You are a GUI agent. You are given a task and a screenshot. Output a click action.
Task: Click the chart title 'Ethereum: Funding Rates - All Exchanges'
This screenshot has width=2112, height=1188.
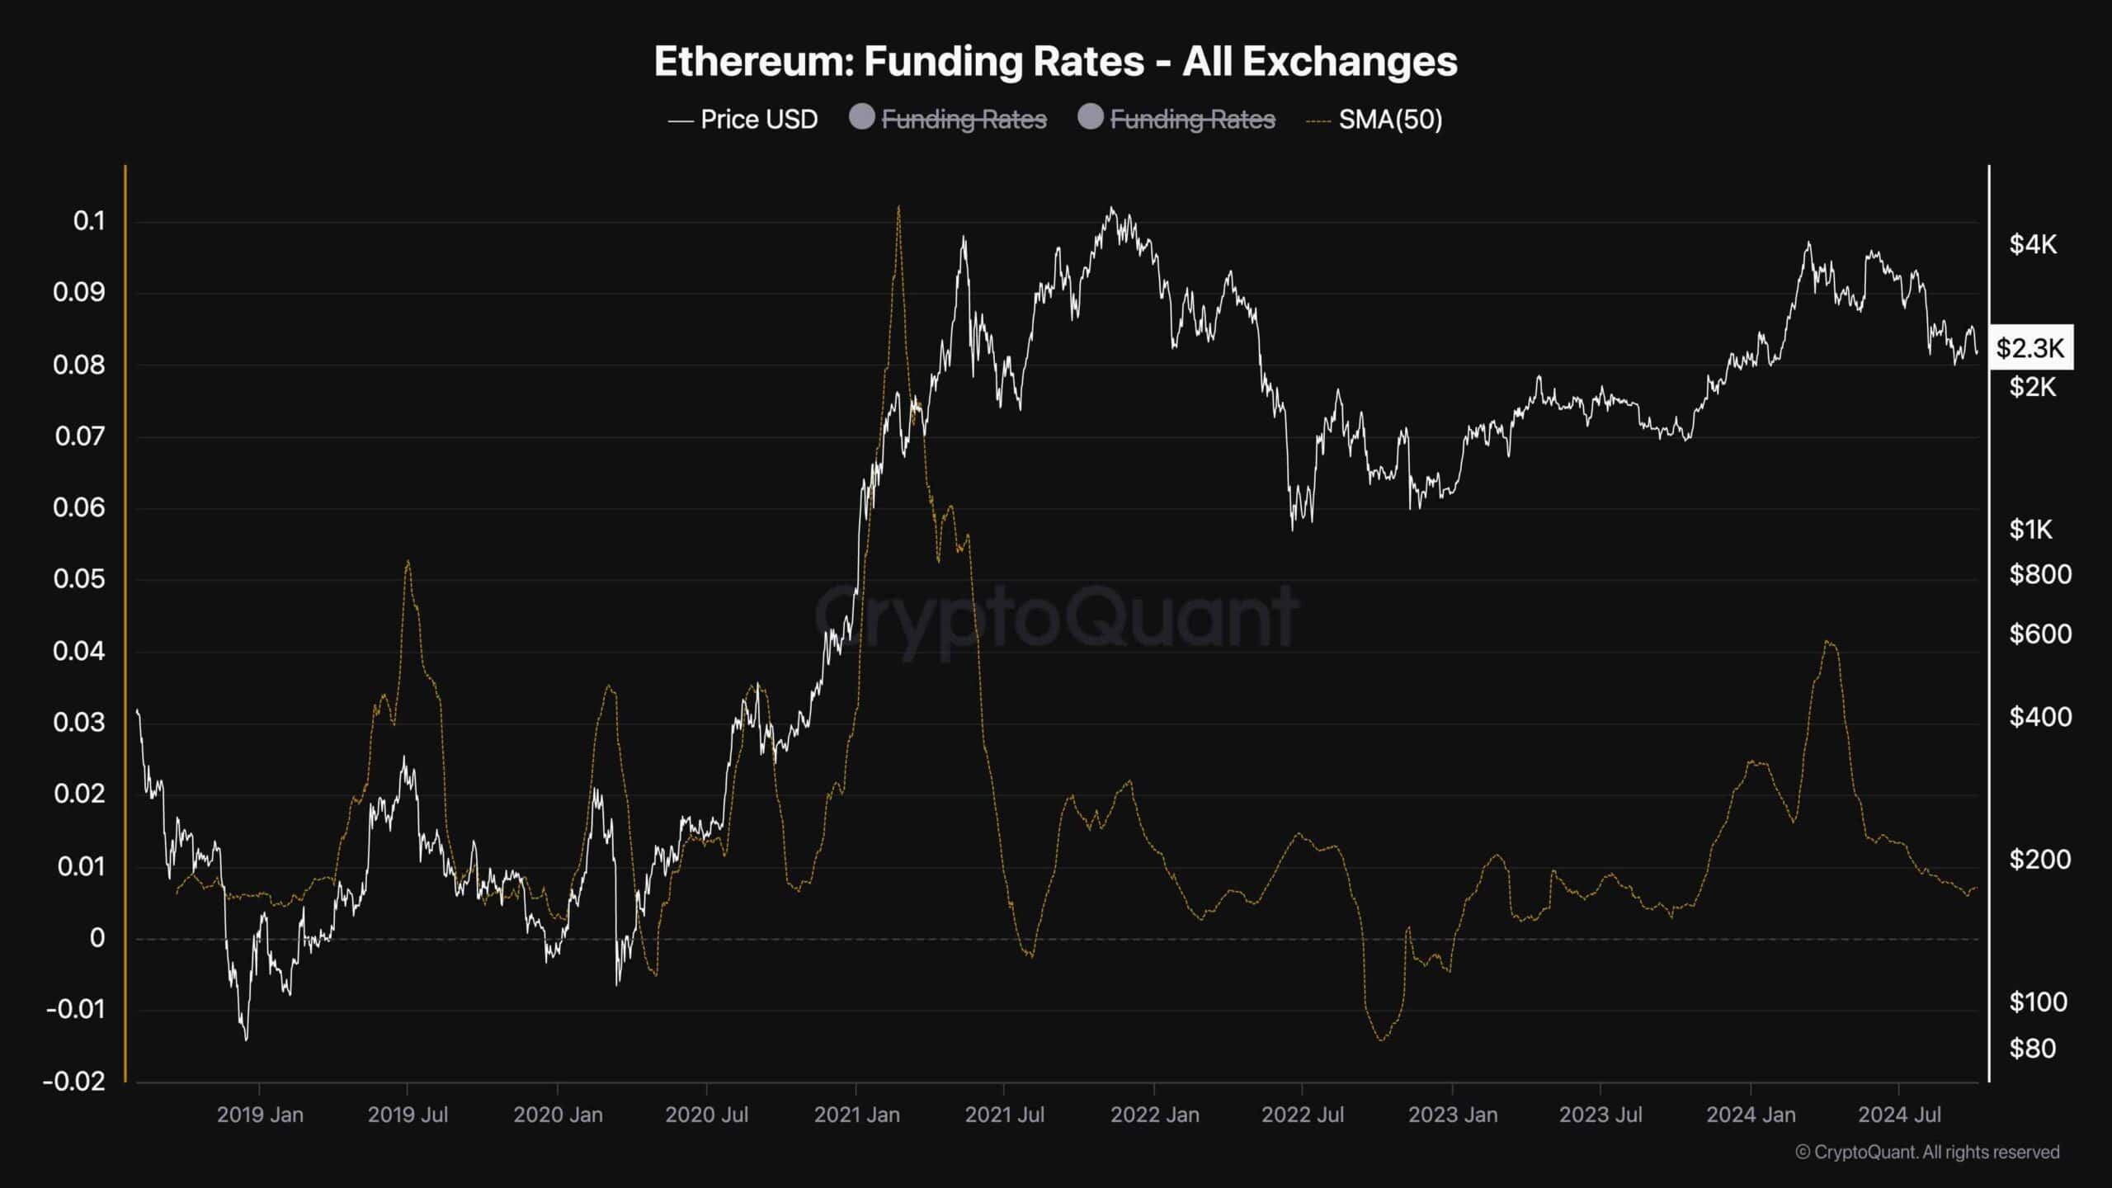coord(1055,62)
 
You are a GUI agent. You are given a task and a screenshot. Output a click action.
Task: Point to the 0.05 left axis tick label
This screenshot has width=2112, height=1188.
coord(79,579)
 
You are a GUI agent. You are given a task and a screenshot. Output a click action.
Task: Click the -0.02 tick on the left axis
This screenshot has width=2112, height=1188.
coord(74,1081)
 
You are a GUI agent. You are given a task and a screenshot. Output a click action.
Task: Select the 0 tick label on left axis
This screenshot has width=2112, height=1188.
coord(97,938)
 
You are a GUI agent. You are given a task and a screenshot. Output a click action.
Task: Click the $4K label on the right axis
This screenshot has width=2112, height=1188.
coord(2033,244)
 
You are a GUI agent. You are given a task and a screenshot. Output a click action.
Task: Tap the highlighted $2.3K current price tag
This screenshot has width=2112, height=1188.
coord(2030,348)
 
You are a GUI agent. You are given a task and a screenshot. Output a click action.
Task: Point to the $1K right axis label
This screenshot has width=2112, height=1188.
coord(2030,529)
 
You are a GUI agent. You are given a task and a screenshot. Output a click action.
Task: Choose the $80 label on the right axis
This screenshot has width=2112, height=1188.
coord(2033,1049)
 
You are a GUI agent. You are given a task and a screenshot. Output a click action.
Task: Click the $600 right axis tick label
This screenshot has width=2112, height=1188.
coord(2039,634)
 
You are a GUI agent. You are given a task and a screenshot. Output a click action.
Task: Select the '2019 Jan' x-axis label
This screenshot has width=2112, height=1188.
coord(260,1115)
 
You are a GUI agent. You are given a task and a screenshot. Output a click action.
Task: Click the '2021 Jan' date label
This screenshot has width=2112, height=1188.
coord(856,1115)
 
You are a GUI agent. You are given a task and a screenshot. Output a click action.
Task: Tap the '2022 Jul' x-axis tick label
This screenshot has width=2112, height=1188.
coord(1302,1115)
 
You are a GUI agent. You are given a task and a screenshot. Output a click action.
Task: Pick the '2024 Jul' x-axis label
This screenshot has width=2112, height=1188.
coord(1899,1115)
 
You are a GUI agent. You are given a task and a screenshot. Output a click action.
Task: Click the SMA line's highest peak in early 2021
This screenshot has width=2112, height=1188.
coord(898,207)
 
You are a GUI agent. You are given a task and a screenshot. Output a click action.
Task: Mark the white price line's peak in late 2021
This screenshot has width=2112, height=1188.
coord(1112,208)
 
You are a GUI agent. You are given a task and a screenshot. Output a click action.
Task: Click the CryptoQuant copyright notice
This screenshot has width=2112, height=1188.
coord(1927,1152)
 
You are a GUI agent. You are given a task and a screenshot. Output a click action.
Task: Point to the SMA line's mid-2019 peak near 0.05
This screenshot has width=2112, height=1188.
coord(408,562)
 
